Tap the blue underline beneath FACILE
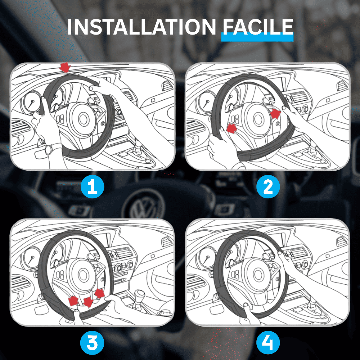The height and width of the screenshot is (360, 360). pos(257,37)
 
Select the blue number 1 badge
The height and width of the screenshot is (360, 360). pos(92,187)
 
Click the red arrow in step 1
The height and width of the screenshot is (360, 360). pos(65,67)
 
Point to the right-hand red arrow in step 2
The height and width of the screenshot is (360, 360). pos(275,114)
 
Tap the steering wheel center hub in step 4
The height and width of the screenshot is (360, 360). pos(258,275)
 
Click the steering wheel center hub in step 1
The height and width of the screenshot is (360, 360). pos(83,119)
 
